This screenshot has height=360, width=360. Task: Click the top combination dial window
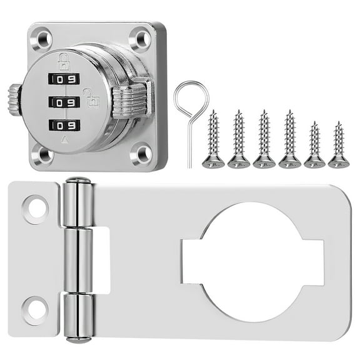(x=64, y=79)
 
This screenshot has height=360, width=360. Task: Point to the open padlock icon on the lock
(x=91, y=97)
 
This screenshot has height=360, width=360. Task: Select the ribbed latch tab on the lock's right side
(x=130, y=101)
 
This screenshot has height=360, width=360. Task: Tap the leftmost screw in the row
(x=213, y=139)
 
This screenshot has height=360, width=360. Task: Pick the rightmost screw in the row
(x=339, y=144)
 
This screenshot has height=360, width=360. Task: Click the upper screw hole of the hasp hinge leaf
(x=36, y=208)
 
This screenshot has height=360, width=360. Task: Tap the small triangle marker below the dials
(x=64, y=142)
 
